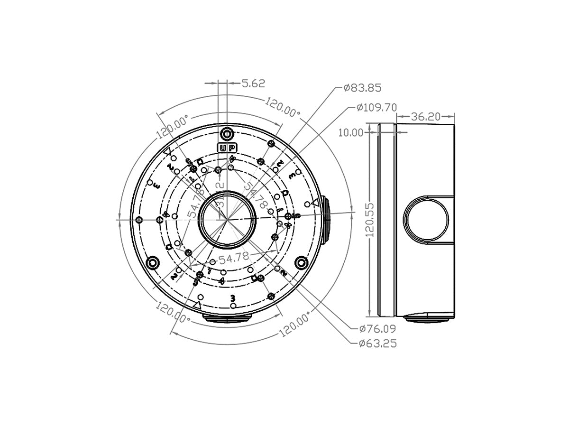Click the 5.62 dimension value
(x=253, y=84)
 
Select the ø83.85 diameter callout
(x=362, y=88)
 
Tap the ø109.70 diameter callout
(x=376, y=107)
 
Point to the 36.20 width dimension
(x=425, y=116)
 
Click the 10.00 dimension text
(x=350, y=132)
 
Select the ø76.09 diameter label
(x=377, y=328)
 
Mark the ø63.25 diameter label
(x=377, y=343)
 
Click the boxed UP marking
(x=227, y=148)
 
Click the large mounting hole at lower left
(x=153, y=262)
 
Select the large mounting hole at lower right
(x=301, y=262)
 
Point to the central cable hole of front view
(x=227, y=220)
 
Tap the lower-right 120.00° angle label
(x=295, y=324)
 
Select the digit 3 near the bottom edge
(x=232, y=298)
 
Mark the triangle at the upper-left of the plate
(x=167, y=152)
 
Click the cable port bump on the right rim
(x=325, y=220)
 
